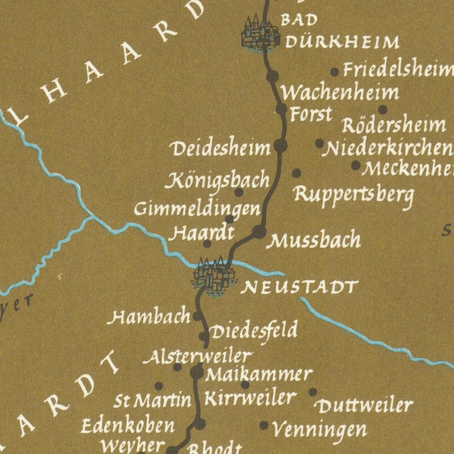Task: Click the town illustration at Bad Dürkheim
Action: click(260, 34)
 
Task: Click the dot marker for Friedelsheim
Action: click(334, 72)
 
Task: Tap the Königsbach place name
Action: click(217, 180)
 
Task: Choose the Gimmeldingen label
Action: click(197, 209)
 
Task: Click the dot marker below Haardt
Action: click(207, 244)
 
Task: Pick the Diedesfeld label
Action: click(254, 331)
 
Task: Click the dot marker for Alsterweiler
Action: click(177, 367)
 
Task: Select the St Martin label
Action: click(153, 401)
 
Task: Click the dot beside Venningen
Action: click(264, 426)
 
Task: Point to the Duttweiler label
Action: click(364, 406)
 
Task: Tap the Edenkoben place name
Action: click(128, 426)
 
